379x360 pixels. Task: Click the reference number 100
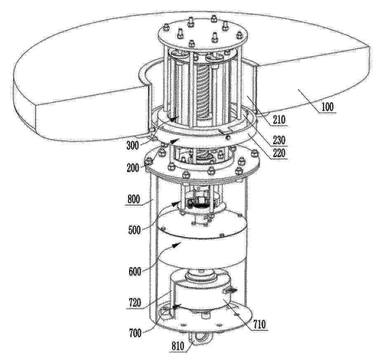[x=327, y=107]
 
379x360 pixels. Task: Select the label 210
[x=279, y=120]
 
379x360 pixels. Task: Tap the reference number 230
[x=279, y=140]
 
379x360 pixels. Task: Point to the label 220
[x=279, y=152]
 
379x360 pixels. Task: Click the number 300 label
[x=133, y=145]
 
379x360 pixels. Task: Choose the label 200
[x=133, y=168]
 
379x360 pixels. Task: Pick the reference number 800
[x=133, y=200]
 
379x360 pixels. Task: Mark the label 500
[x=134, y=230]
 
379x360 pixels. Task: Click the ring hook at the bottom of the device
[x=202, y=340]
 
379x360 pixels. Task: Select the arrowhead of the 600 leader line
[x=176, y=244]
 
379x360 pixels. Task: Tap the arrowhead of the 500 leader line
[x=176, y=203]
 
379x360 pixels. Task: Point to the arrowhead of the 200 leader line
[x=176, y=140]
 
